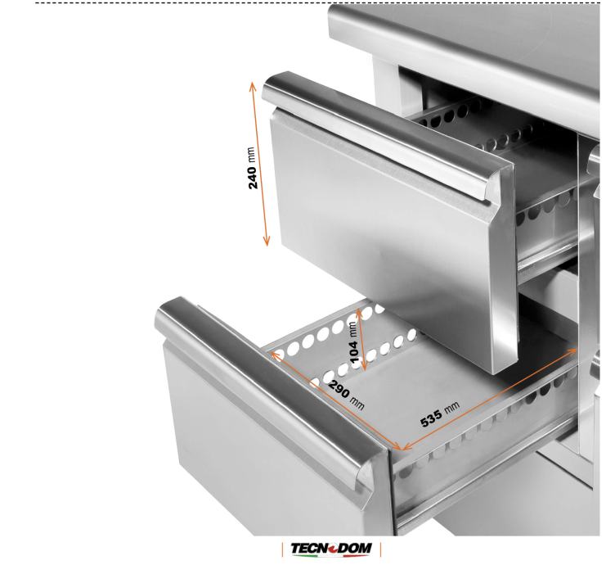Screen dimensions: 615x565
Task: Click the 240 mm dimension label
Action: click(253, 168)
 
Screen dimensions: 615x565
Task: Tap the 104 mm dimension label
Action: click(353, 342)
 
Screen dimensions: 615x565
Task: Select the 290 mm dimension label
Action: click(346, 395)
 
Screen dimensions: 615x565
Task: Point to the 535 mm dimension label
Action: click(440, 414)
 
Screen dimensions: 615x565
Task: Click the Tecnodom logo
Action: click(331, 548)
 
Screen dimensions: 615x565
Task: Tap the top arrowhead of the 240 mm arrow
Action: click(252, 86)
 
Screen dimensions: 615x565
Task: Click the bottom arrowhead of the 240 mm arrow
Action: click(267, 242)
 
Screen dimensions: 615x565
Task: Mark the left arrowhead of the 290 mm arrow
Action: click(275, 355)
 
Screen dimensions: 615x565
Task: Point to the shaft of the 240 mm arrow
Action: click(259, 164)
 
